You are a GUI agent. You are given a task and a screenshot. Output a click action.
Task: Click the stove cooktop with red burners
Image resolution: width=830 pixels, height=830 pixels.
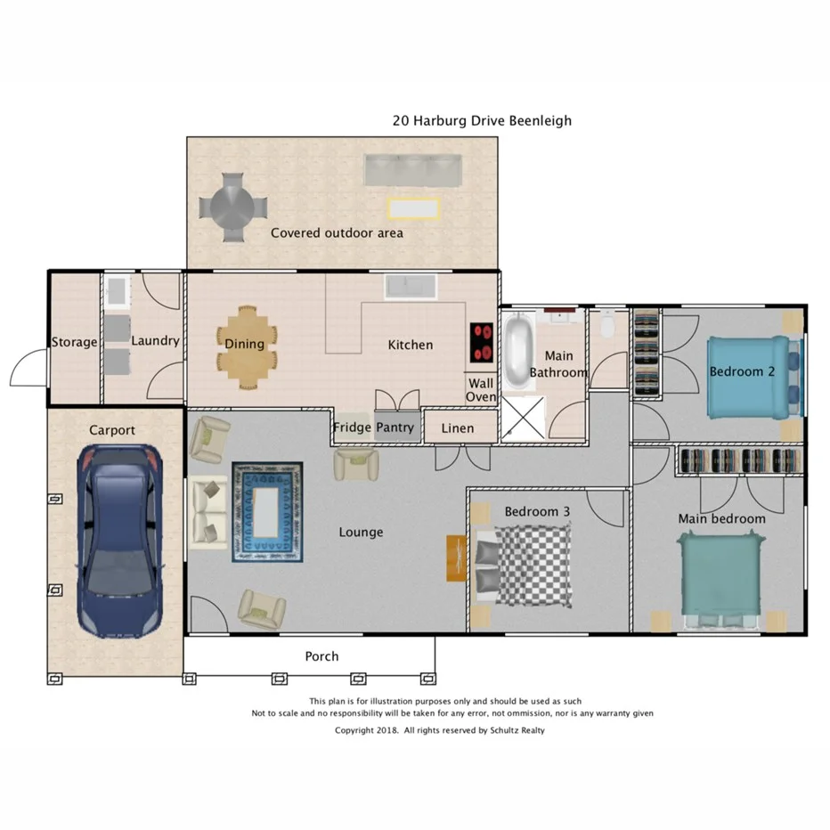coord(482,342)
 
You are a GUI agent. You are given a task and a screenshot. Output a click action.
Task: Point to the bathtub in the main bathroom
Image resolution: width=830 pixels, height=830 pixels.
coord(518,349)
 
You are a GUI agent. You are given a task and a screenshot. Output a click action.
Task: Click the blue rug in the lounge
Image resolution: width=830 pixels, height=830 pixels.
coord(267,511)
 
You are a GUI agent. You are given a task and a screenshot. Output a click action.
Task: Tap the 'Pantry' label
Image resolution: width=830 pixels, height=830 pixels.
coord(395,427)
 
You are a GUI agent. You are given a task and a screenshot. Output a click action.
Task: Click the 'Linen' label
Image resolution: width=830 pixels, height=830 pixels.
coord(458,428)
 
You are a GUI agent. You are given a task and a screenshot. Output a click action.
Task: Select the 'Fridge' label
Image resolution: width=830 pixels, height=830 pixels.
coord(352,427)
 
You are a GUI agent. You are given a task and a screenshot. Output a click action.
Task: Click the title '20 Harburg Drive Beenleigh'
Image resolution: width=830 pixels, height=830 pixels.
coord(482,120)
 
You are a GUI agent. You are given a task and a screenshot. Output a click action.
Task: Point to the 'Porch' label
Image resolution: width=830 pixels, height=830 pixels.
coord(321,656)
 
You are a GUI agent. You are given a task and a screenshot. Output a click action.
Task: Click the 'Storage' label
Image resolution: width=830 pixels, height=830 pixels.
coord(74,342)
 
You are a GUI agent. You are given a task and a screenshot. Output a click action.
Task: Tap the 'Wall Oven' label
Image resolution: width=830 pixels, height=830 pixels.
coord(482,390)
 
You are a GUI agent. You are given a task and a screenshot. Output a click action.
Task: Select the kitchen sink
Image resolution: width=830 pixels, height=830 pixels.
coord(411,287)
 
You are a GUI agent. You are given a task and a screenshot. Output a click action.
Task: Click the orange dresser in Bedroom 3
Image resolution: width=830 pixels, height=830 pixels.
coord(456,557)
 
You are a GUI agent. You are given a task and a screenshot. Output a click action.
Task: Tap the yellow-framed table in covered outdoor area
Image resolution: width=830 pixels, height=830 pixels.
coord(414,208)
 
